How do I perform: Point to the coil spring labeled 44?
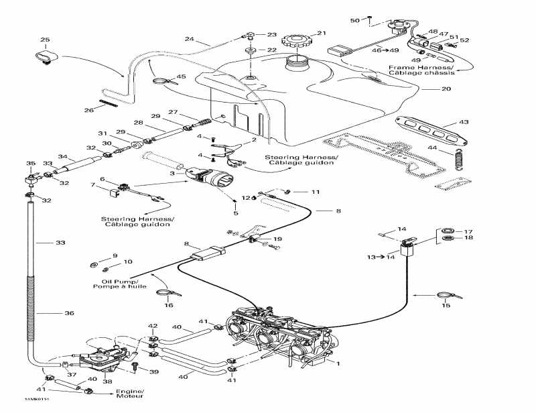(458, 162)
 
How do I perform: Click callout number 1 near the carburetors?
(338, 363)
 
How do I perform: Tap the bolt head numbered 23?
(250, 34)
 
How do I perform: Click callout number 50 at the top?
(355, 20)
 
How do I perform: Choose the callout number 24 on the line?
(190, 40)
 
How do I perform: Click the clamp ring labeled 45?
(161, 83)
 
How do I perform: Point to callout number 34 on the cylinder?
(62, 158)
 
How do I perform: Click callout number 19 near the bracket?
(277, 239)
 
